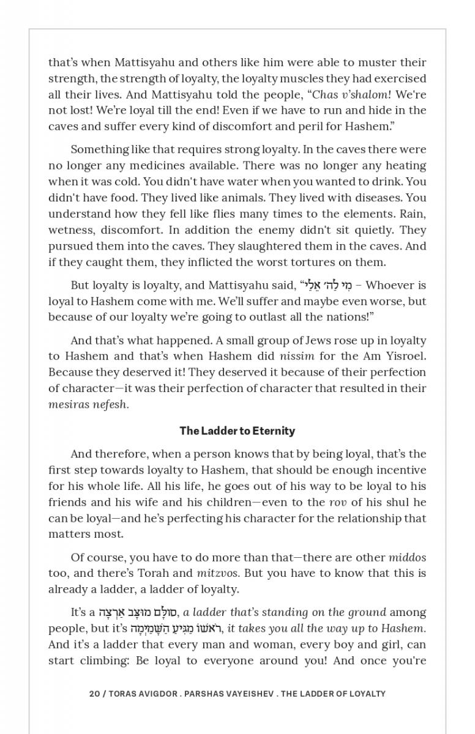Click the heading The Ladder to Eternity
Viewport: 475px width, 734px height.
click(x=237, y=431)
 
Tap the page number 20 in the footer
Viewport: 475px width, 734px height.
click(x=95, y=694)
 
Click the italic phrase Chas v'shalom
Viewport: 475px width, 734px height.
click(x=350, y=94)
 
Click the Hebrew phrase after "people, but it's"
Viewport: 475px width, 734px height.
click(x=177, y=628)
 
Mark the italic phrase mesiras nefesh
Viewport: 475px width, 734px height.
click(x=88, y=404)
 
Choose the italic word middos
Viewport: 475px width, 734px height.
click(x=407, y=557)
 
